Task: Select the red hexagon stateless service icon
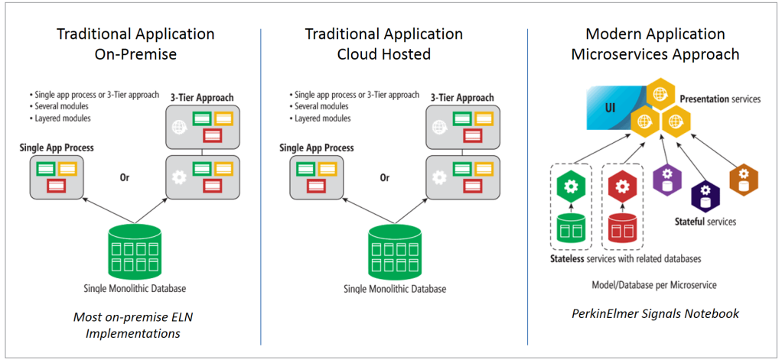point(622,186)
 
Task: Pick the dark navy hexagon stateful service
point(705,195)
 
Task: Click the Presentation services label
point(720,99)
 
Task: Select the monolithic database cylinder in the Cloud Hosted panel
point(394,250)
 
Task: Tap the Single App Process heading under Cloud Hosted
point(316,147)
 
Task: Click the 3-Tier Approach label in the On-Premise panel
point(201,98)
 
